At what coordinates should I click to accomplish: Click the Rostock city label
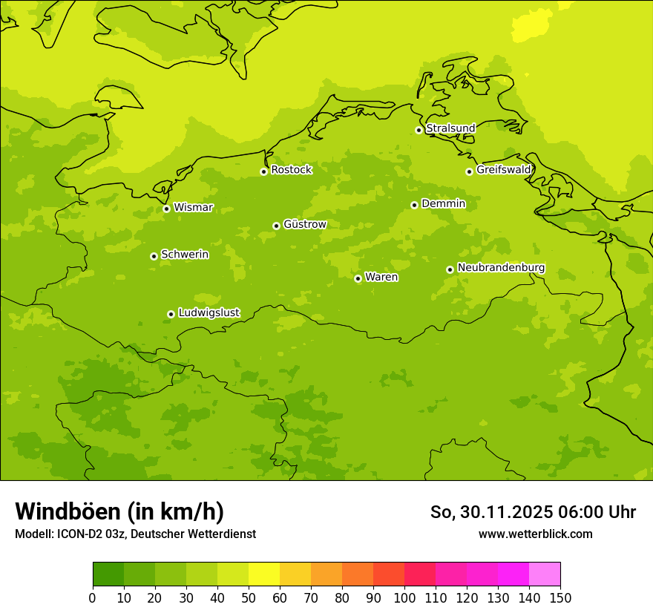pos(291,170)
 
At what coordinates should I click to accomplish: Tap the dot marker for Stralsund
pos(419,130)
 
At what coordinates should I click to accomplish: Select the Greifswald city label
pos(503,170)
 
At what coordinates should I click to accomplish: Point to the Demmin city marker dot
pos(414,205)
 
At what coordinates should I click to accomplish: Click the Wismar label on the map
pos(193,208)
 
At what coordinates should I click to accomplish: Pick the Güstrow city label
pos(304,224)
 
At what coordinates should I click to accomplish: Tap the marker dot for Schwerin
pos(154,256)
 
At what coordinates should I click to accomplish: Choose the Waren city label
pos(381,278)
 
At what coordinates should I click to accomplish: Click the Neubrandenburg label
pos(501,268)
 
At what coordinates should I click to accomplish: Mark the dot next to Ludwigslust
pos(171,314)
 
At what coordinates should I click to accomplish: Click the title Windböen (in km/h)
pos(119,511)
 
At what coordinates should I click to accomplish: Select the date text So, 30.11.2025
pos(490,512)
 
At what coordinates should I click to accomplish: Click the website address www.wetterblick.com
pos(535,534)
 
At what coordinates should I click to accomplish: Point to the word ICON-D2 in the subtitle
pos(76,534)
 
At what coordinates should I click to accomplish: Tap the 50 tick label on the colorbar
pos(249,597)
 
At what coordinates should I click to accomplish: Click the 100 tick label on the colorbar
pos(404,597)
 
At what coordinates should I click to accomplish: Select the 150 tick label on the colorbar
pos(560,597)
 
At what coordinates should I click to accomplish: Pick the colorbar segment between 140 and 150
pos(545,574)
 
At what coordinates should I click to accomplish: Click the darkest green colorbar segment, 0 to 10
pos(108,574)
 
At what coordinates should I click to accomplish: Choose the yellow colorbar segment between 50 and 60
pos(264,574)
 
